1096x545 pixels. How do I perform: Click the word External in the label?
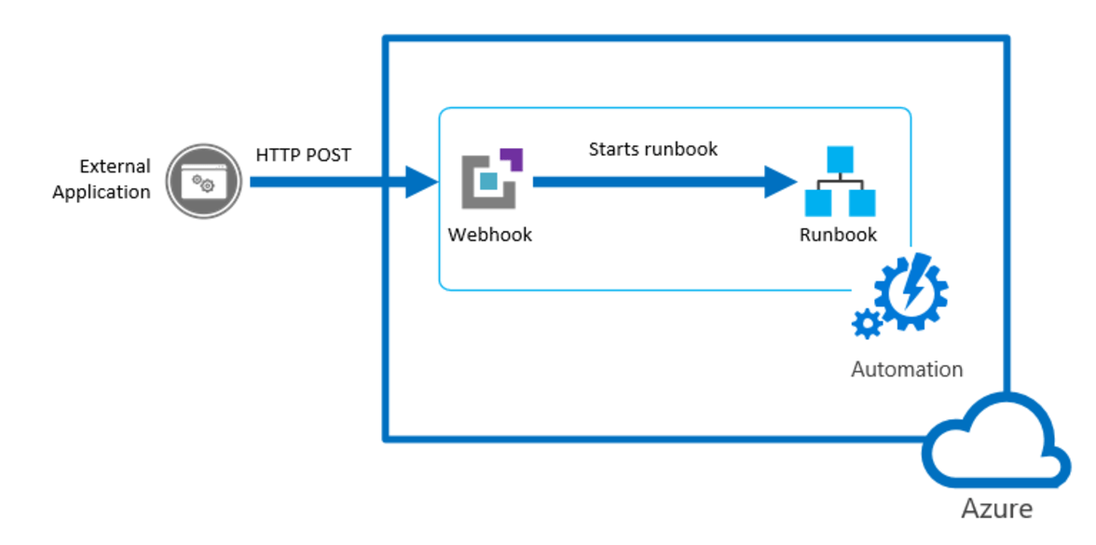(115, 167)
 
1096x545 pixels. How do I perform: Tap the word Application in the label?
(101, 192)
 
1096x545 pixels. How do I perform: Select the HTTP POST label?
(303, 155)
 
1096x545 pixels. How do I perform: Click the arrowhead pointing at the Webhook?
(421, 183)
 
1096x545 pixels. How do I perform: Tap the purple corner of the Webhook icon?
(512, 158)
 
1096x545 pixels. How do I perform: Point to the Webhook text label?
(490, 235)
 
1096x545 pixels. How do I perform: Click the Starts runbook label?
(652, 149)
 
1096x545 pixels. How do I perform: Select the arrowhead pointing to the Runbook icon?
(781, 183)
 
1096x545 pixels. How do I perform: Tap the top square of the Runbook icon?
(841, 159)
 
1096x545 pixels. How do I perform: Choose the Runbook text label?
(838, 235)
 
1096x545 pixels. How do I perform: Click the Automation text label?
(906, 369)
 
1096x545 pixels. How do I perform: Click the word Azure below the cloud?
(997, 509)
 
